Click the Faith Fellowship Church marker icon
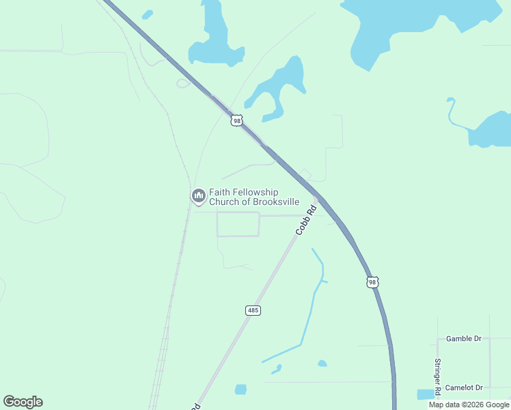pyautogui.click(x=198, y=196)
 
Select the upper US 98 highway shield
pyautogui.click(x=236, y=120)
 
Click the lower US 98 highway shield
pyautogui.click(x=372, y=282)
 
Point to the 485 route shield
pyautogui.click(x=253, y=310)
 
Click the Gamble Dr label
pyautogui.click(x=463, y=338)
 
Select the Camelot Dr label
pyautogui.click(x=463, y=387)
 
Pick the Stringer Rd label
pyautogui.click(x=437, y=374)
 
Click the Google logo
pyautogui.click(x=23, y=402)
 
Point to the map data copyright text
pyautogui.click(x=469, y=405)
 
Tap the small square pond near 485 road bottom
pyautogui.click(x=240, y=389)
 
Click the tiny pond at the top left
pyautogui.click(x=147, y=14)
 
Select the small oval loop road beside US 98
pyautogui.click(x=183, y=83)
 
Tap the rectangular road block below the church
pyautogui.click(x=238, y=224)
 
